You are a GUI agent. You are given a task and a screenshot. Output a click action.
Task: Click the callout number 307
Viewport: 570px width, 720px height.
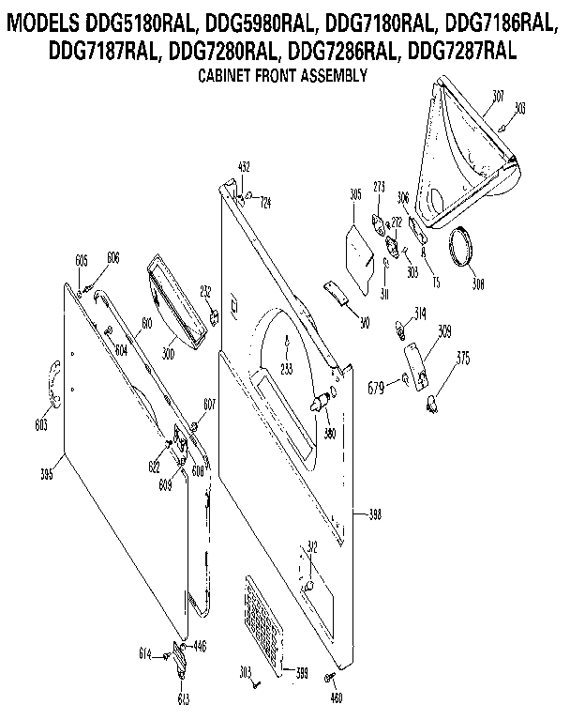497,95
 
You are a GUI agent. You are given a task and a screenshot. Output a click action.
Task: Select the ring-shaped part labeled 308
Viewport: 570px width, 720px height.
460,249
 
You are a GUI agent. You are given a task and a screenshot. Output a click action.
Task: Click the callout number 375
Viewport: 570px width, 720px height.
462,357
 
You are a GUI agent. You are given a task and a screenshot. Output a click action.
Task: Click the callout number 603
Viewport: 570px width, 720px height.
40,424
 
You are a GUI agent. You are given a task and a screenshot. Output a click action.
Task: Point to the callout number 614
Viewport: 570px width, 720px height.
145,652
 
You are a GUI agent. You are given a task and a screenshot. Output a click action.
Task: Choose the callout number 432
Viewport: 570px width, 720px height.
244,166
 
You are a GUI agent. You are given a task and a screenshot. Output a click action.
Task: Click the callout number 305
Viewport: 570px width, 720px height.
355,194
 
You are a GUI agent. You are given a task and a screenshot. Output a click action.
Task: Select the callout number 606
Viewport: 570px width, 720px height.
113,256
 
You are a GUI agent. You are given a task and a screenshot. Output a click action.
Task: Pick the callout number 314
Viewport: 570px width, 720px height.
420,314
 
